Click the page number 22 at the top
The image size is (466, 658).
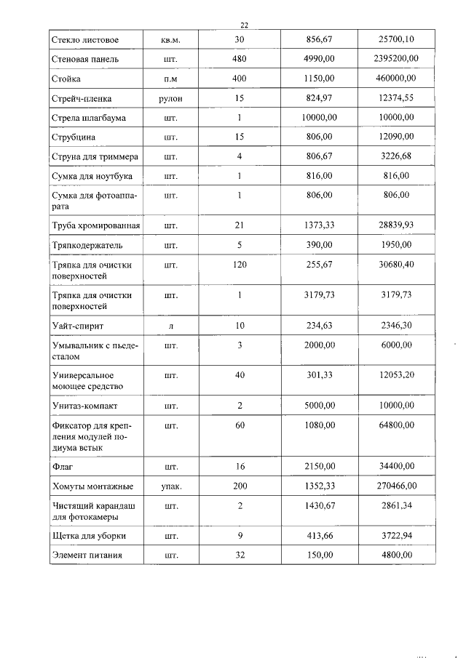(x=244, y=25)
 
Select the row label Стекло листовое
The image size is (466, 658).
(x=85, y=39)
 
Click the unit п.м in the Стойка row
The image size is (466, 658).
(x=171, y=78)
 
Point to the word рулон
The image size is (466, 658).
(x=171, y=97)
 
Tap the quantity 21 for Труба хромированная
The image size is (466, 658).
(x=240, y=227)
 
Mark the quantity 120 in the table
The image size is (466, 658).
(x=240, y=265)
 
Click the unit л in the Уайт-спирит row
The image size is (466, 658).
(x=171, y=326)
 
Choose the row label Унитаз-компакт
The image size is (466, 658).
(x=84, y=406)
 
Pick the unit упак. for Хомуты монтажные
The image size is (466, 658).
(x=171, y=486)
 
